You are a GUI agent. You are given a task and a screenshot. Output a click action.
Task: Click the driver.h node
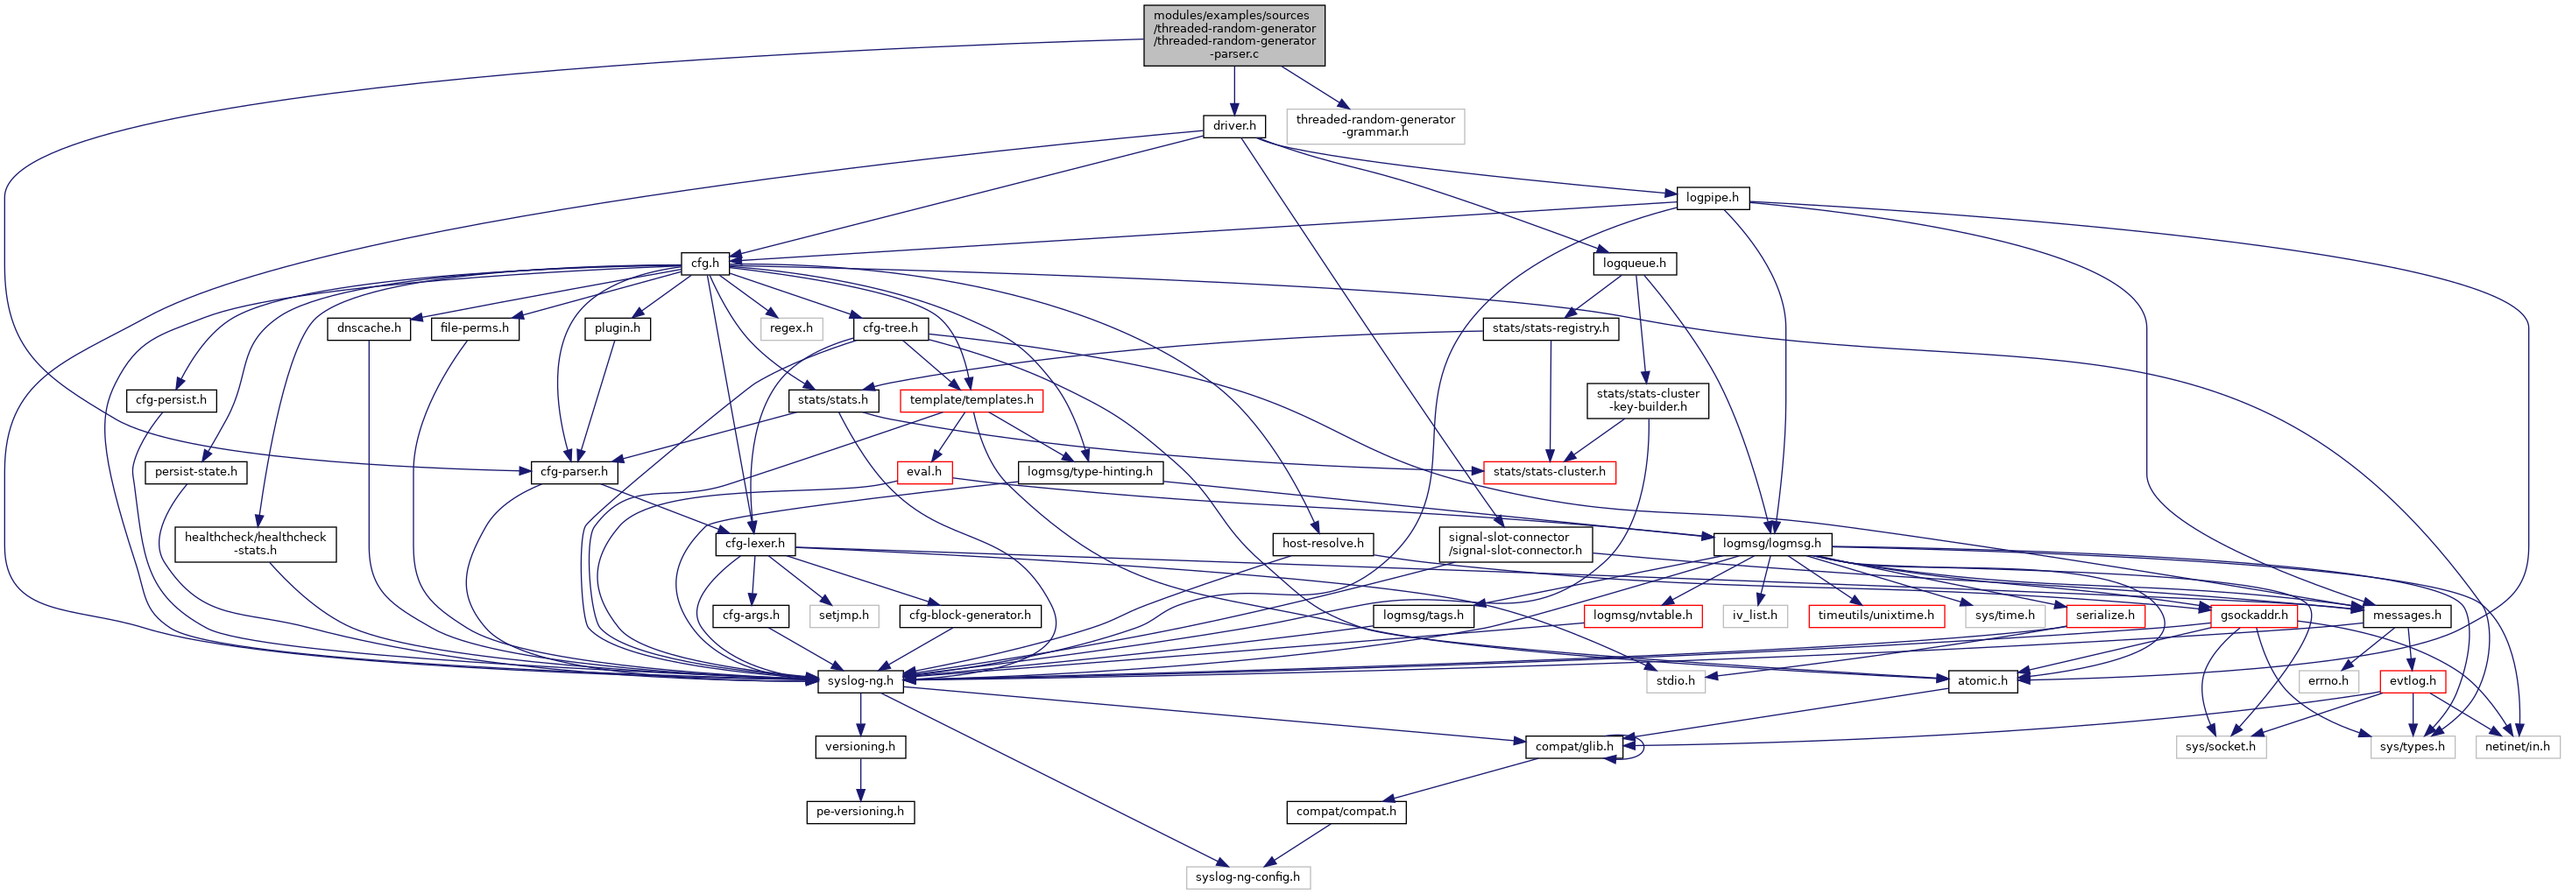pos(1233,126)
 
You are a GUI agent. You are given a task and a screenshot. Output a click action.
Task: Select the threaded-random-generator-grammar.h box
pos(1375,126)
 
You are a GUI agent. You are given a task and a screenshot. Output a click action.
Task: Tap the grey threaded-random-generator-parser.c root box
pos(1233,35)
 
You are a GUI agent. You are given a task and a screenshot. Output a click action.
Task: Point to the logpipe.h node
pos(1712,198)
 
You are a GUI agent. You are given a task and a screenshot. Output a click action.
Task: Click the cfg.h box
pos(705,264)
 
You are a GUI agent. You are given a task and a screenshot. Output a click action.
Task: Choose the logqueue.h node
pos(1634,264)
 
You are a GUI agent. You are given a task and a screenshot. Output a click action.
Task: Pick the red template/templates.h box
pos(971,400)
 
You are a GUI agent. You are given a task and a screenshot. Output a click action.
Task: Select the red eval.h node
pos(924,472)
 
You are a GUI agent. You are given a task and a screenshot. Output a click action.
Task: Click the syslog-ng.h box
pos(860,681)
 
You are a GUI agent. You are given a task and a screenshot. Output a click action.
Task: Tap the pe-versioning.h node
pos(860,812)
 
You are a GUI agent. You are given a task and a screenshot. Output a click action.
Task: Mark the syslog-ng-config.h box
pos(1247,877)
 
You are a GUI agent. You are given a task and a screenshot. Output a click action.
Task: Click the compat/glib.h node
pos(1573,747)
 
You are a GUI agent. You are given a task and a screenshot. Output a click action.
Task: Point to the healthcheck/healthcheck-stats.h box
pos(255,544)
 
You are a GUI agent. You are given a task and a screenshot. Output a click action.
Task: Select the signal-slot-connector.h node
pos(1515,544)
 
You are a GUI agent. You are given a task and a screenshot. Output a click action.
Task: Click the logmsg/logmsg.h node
pos(1771,544)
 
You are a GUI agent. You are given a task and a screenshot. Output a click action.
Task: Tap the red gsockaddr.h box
pos(2253,616)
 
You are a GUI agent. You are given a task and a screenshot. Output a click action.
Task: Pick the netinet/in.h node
pos(2517,747)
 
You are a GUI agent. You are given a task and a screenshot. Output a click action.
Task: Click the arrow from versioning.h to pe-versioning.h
pos(860,779)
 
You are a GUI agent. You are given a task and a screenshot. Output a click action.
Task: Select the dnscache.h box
pos(369,328)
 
